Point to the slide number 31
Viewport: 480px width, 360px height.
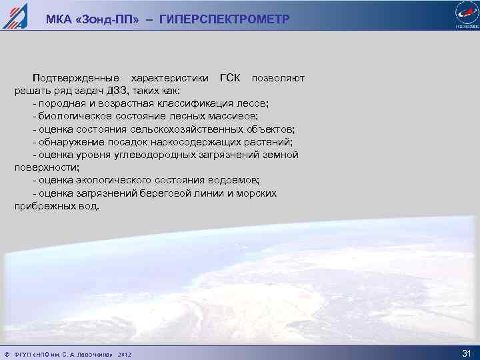[x=466, y=353]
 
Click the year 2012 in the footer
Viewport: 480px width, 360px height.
[x=125, y=353]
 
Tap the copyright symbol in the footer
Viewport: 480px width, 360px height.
[x=6, y=353]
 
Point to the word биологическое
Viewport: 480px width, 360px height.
[x=70, y=117]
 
